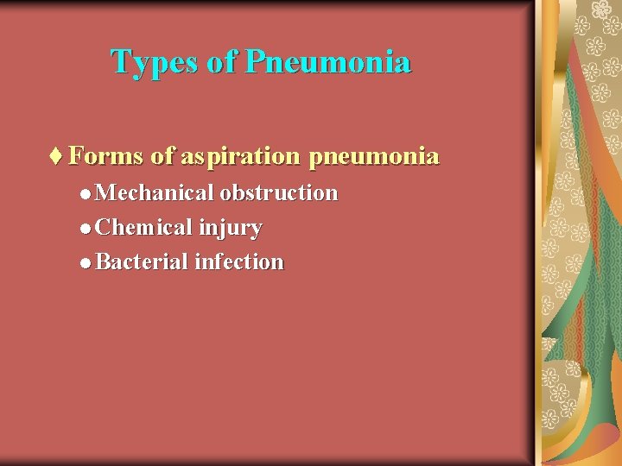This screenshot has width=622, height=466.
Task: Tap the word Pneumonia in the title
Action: pyautogui.click(x=327, y=62)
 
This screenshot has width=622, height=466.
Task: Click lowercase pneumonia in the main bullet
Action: pyautogui.click(x=373, y=156)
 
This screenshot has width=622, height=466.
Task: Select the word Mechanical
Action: pyautogui.click(x=155, y=192)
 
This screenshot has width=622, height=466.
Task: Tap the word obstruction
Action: pyautogui.click(x=279, y=192)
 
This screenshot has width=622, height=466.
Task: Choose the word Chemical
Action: pyautogui.click(x=144, y=228)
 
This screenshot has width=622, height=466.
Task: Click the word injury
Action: pyautogui.click(x=230, y=229)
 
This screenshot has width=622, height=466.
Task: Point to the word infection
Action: pyautogui.click(x=239, y=261)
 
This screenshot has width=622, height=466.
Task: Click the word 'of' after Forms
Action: pyautogui.click(x=162, y=156)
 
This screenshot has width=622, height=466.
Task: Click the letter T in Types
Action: pyautogui.click(x=120, y=62)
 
